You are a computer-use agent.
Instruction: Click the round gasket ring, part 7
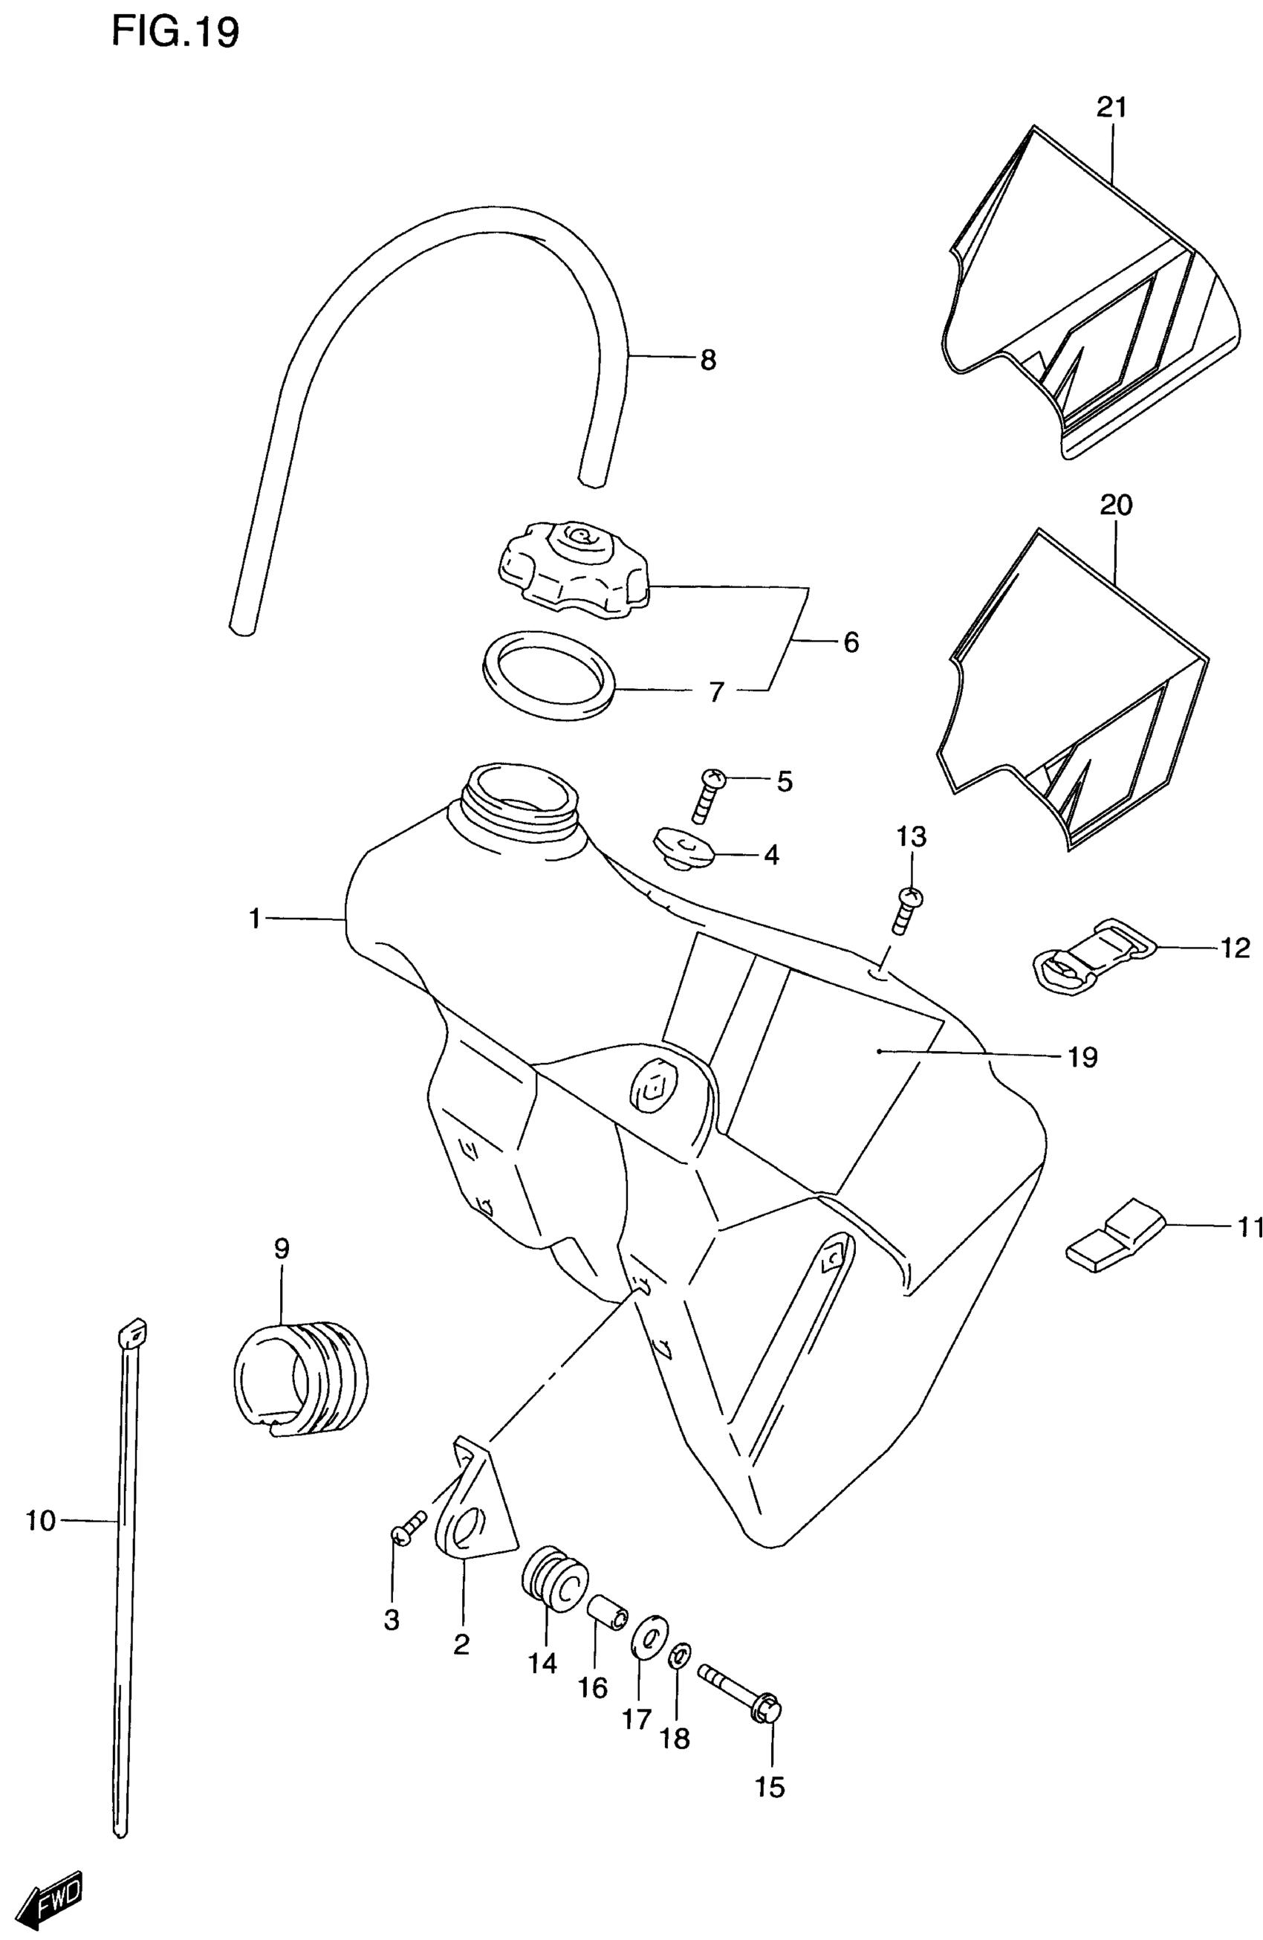point(548,675)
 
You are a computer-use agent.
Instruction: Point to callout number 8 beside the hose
point(707,360)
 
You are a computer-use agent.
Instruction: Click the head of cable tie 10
point(133,1335)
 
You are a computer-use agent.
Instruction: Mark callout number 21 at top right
point(1111,107)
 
